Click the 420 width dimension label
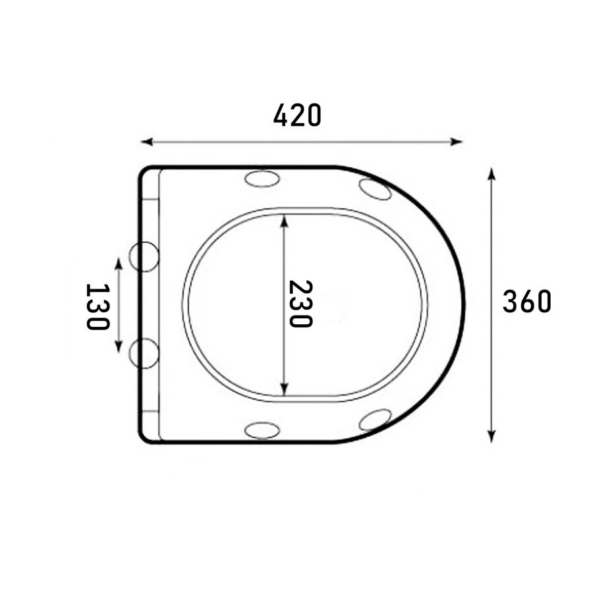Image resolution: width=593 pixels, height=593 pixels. tap(297, 115)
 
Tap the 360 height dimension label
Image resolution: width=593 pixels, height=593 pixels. tap(527, 301)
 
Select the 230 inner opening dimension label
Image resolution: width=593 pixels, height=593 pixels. tap(300, 304)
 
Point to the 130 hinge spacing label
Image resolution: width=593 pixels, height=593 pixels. tap(98, 306)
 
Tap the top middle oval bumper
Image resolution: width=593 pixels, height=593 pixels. tap(262, 179)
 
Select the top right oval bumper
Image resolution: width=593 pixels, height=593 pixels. tap(375, 190)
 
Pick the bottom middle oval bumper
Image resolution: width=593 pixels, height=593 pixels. tap(262, 430)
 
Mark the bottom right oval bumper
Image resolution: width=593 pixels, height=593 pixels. tap(375, 420)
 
